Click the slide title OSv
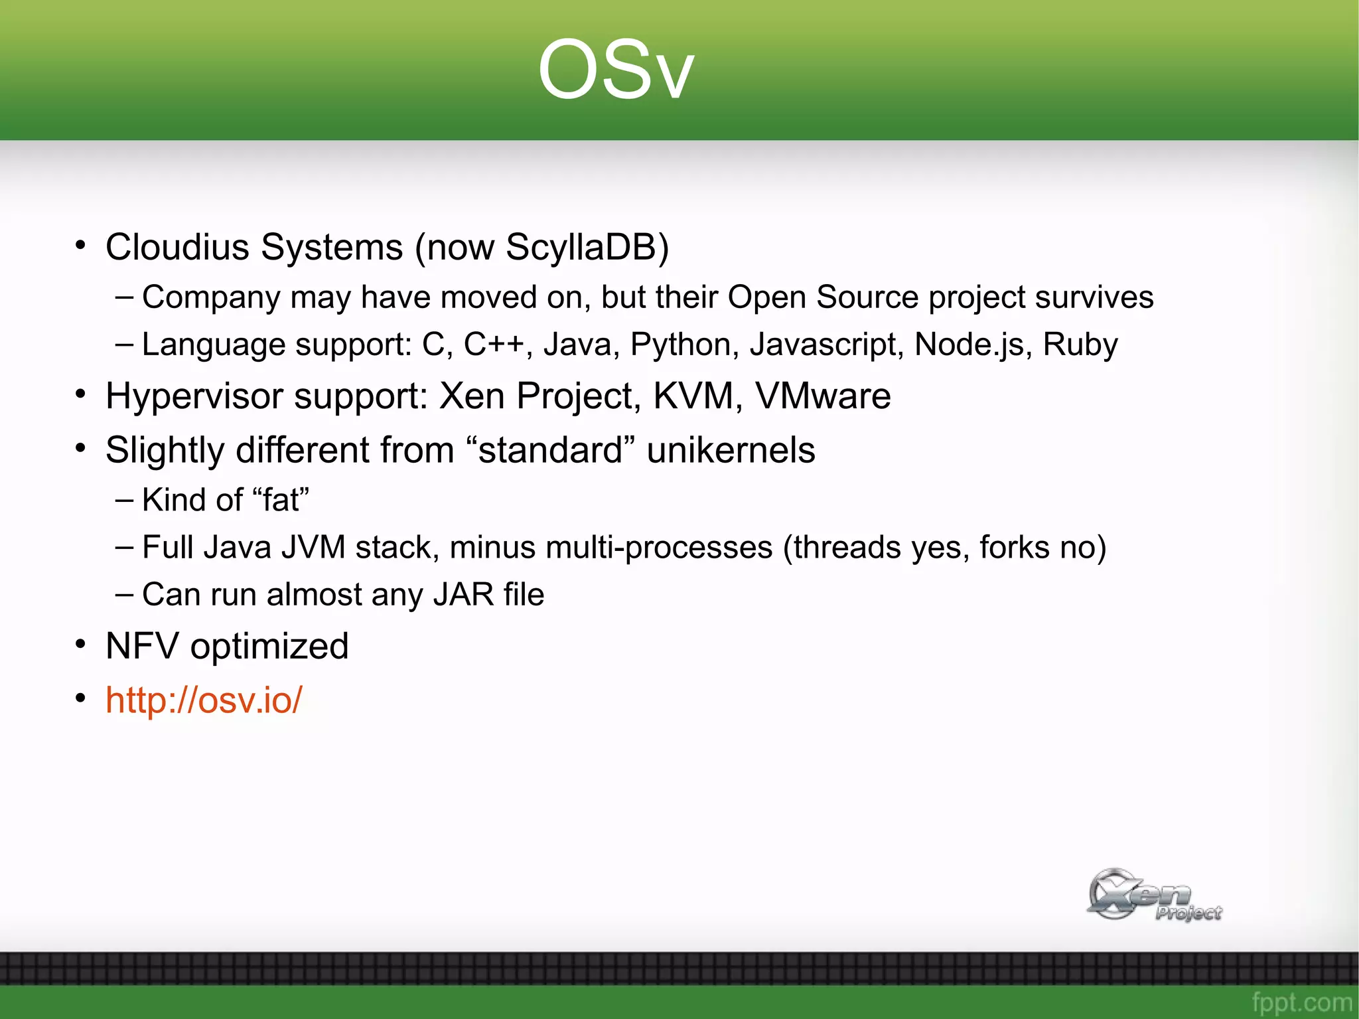[615, 70]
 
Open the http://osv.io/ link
[204, 700]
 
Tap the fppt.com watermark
[1301, 1002]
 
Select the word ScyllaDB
[587, 247]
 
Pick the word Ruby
[1080, 345]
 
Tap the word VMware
[823, 396]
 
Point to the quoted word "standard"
[550, 450]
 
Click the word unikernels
[731, 450]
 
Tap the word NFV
[142, 646]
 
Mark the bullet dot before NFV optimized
[80, 644]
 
